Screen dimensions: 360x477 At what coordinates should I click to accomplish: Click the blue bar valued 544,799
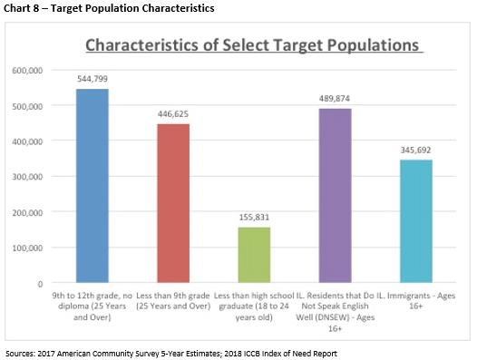pos(92,186)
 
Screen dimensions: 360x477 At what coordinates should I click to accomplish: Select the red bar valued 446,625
pos(173,203)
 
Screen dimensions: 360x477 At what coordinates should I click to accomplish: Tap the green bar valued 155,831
pos(254,255)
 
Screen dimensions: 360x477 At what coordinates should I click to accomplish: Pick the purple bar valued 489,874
pos(335,196)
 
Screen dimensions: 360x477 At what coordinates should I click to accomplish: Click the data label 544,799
pos(92,80)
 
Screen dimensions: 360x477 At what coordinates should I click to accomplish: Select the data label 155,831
pos(254,218)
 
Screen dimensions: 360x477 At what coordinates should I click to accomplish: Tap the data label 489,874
pos(335,99)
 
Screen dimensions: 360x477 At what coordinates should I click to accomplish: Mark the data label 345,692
pos(416,151)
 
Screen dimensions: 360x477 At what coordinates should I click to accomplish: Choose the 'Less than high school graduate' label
pos(254,301)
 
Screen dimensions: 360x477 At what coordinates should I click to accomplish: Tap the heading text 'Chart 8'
pos(21,9)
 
